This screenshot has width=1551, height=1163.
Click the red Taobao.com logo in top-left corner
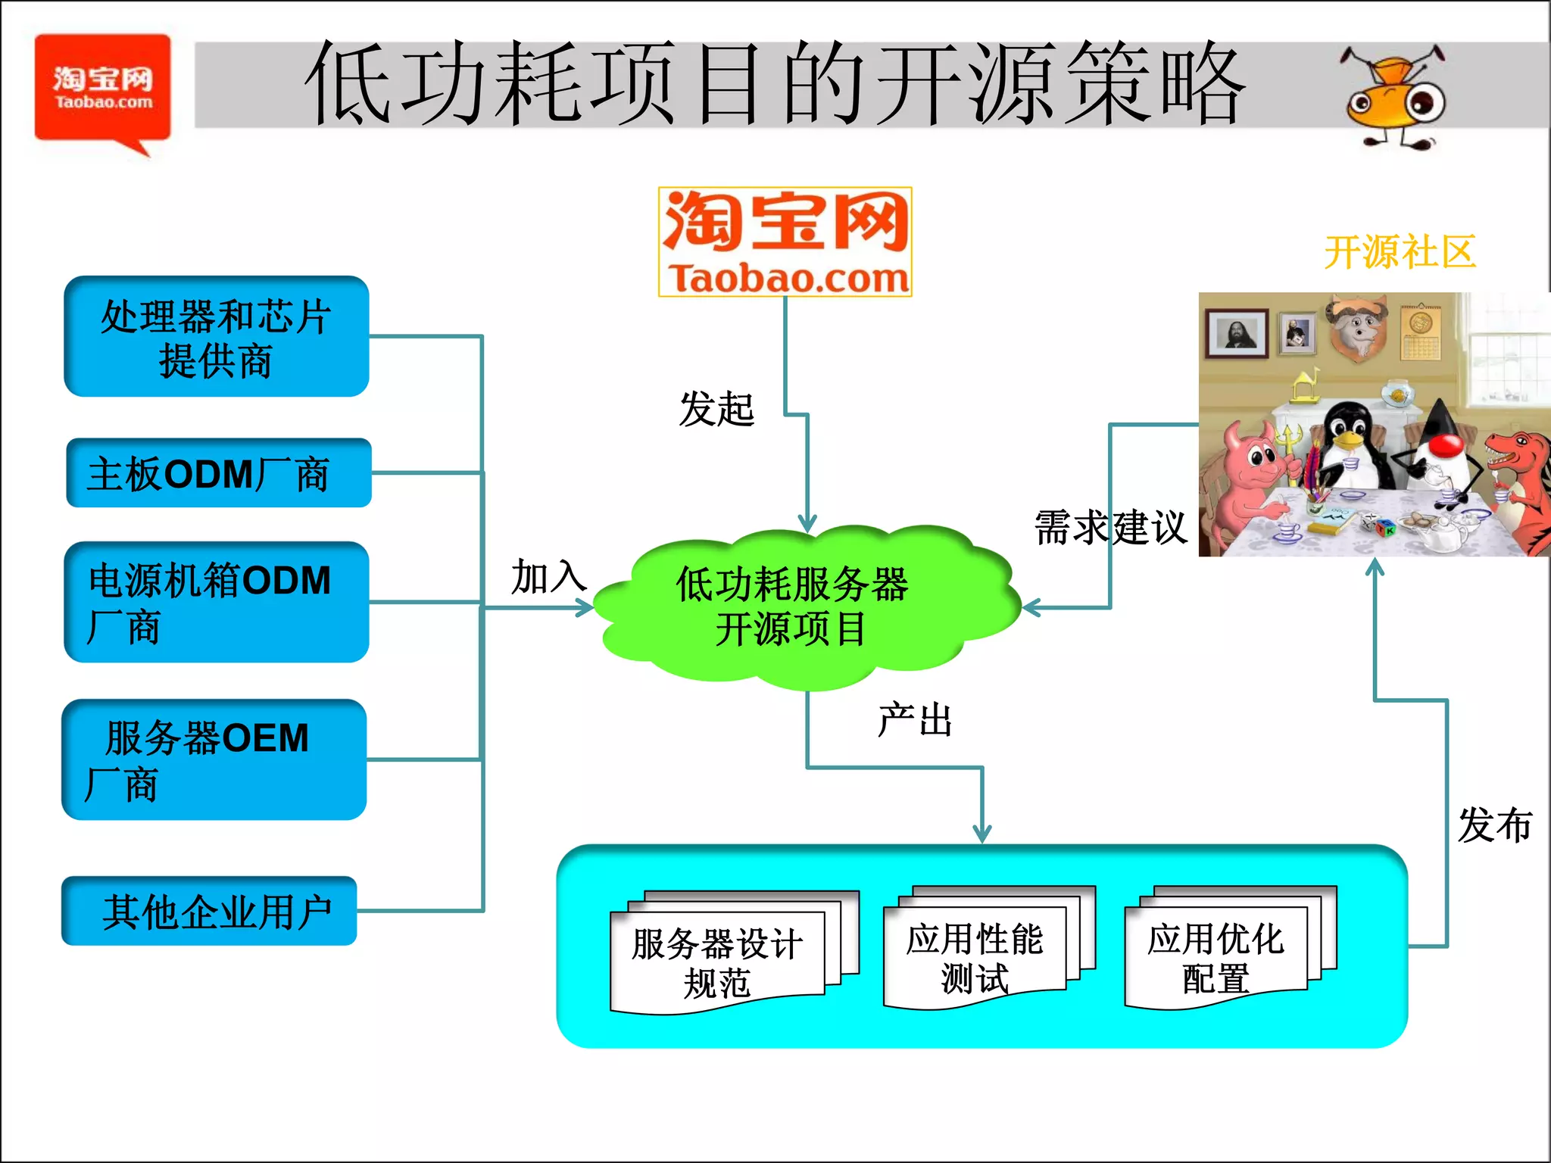(102, 89)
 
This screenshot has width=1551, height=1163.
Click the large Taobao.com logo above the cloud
(785, 242)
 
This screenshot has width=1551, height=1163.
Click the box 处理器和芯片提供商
(217, 337)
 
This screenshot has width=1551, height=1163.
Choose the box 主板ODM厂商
(219, 473)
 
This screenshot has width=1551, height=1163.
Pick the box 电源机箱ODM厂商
(217, 602)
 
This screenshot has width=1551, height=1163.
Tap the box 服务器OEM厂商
(214, 759)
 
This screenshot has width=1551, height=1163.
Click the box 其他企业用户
(209, 911)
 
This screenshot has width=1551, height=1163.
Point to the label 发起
(716, 410)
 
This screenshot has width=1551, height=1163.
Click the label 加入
(548, 578)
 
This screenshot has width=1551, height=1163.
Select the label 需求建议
(1109, 528)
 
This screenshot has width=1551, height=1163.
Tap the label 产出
(914, 720)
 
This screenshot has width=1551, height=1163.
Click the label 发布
(1494, 825)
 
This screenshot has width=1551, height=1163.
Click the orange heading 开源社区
(1400, 252)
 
